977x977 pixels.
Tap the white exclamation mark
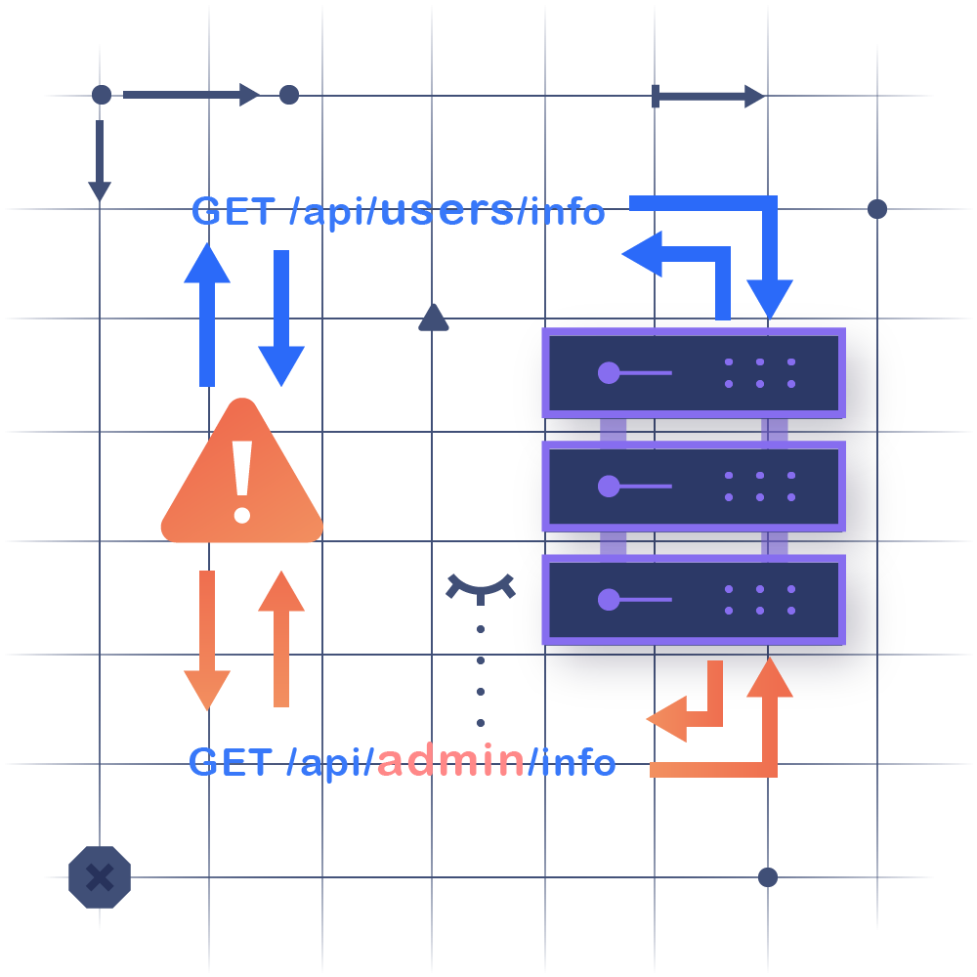[x=241, y=479]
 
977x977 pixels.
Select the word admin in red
[x=450, y=761]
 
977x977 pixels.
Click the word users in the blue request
[x=445, y=210]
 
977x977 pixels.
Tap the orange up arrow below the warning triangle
[x=281, y=635]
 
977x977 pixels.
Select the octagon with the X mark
[x=99, y=876]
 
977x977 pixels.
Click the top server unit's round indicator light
[x=609, y=372]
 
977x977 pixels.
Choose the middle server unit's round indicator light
[x=609, y=486]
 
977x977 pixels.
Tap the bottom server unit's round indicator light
[x=609, y=599]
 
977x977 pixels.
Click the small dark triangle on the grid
[x=433, y=318]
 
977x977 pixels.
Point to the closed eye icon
[x=481, y=586]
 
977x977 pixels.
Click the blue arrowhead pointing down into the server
[x=770, y=298]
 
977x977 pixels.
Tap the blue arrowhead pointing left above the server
[x=645, y=255]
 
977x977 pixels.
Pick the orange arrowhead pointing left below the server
[x=667, y=721]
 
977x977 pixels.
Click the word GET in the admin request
[x=231, y=762]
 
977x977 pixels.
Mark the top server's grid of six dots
[x=759, y=372]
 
